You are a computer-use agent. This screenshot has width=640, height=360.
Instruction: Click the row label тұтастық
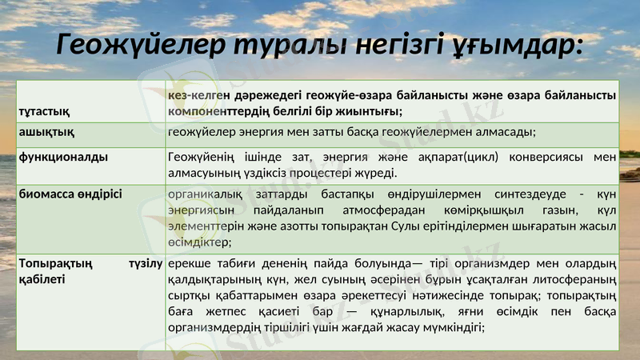click(x=42, y=110)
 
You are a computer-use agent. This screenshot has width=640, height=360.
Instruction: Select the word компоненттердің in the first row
click(x=223, y=110)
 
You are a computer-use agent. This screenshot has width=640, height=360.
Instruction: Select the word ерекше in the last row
click(x=190, y=263)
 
